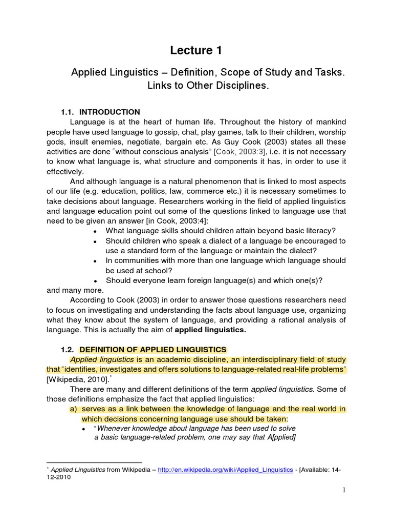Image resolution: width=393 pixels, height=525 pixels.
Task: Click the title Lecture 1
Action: click(x=196, y=50)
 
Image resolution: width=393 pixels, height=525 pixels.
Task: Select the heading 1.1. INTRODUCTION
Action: click(x=100, y=112)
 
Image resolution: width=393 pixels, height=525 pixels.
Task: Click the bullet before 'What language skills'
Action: click(x=96, y=231)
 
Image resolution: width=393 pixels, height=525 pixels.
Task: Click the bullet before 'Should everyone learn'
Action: click(x=96, y=281)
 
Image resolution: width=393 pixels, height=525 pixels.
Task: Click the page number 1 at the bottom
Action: click(x=344, y=490)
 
